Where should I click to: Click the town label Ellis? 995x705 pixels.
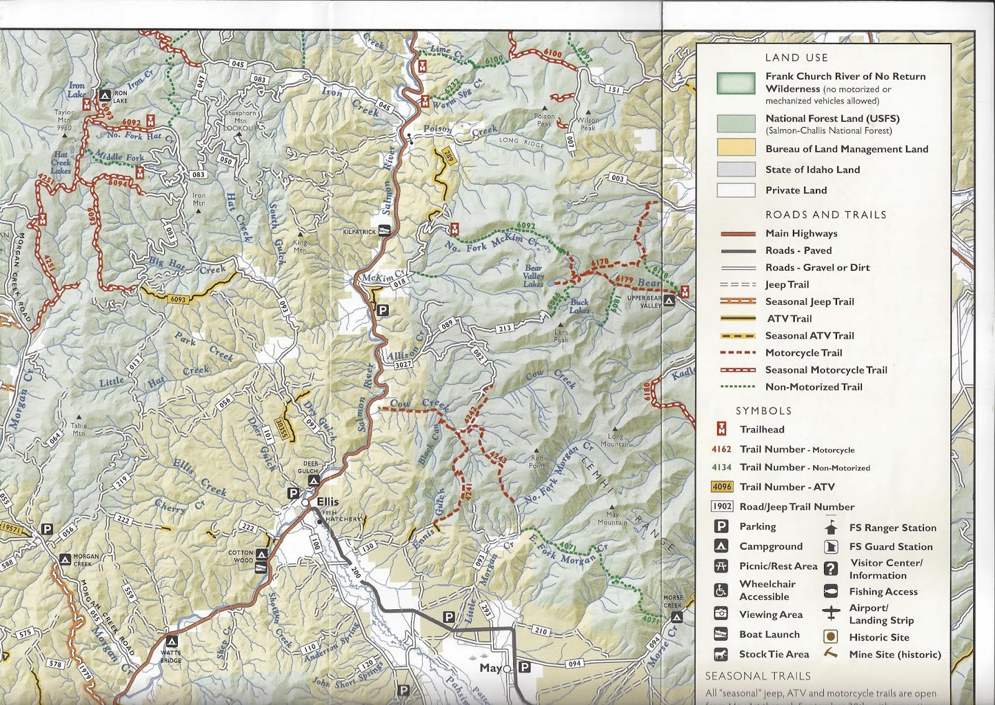click(x=328, y=502)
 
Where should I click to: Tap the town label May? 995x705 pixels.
click(x=490, y=668)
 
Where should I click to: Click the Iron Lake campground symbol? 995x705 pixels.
click(x=104, y=95)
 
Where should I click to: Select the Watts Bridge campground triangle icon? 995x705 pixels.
click(x=172, y=642)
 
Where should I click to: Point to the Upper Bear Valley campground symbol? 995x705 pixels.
click(x=669, y=301)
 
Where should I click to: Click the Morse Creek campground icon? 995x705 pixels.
click(x=677, y=617)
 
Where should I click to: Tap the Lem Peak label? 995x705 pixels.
click(x=561, y=336)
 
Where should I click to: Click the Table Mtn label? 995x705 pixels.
click(x=79, y=429)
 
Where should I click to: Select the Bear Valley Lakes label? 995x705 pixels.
click(x=534, y=276)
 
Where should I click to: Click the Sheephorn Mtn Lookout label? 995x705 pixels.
click(x=240, y=120)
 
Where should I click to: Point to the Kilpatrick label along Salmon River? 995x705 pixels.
click(x=359, y=231)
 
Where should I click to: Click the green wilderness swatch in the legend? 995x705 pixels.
click(x=736, y=83)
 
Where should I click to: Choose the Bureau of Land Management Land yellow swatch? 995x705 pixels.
click(x=736, y=148)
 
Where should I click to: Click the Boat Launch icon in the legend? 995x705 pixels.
click(x=721, y=634)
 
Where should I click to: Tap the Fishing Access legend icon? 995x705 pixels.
click(x=831, y=591)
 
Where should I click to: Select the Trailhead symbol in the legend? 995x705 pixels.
click(x=721, y=429)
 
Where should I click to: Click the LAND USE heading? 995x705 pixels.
click(x=796, y=57)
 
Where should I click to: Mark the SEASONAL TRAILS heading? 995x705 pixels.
click(x=757, y=676)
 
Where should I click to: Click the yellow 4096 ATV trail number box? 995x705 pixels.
click(x=722, y=487)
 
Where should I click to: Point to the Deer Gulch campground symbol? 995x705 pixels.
click(x=314, y=481)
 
